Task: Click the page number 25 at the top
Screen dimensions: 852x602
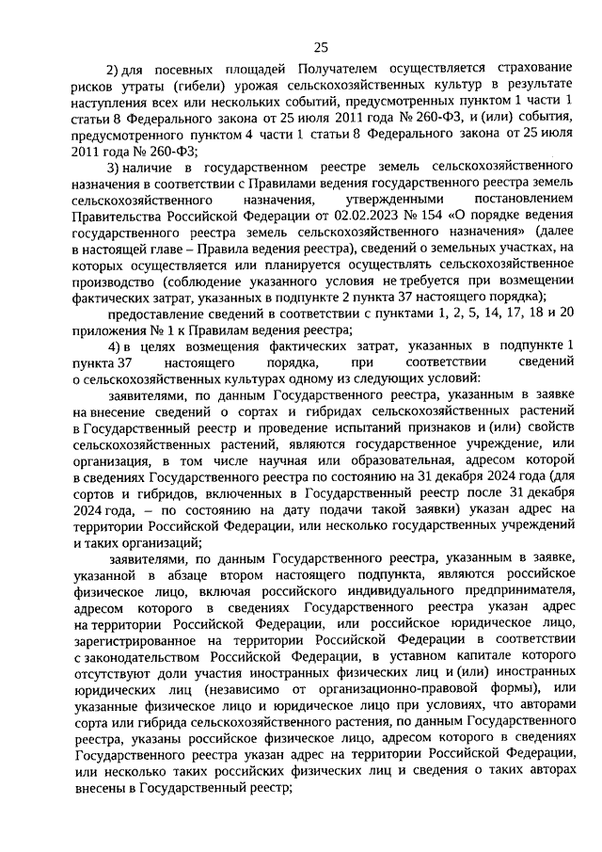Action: tap(321, 48)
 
